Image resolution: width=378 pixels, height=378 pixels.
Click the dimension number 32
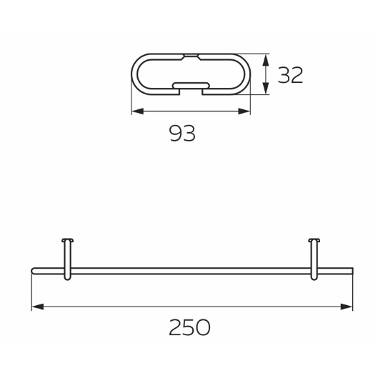click(290, 75)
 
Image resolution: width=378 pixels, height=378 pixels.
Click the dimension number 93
click(182, 134)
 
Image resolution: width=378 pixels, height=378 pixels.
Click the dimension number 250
click(189, 327)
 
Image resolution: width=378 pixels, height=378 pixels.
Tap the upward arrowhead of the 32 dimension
click(265, 60)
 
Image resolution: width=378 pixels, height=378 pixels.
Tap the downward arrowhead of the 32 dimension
click(265, 88)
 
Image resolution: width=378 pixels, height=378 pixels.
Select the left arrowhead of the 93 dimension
click(138, 111)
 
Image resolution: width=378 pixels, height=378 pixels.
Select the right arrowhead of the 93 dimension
click(244, 111)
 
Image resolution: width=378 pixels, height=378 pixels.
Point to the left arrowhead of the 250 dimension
click(38, 307)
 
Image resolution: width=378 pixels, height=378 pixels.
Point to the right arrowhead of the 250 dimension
click(347, 307)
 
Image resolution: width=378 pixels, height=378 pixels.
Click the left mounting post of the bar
click(67, 259)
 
